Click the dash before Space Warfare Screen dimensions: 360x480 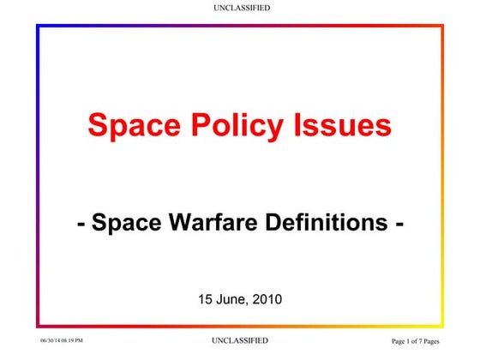coord(81,225)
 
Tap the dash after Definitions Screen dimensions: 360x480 coord(399,225)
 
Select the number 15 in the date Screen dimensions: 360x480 coord(205,299)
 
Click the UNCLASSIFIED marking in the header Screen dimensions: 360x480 coord(240,8)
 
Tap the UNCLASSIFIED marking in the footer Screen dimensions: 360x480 coord(240,340)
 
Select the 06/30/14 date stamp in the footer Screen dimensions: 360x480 coord(51,341)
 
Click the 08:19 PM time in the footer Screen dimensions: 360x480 coord(74,341)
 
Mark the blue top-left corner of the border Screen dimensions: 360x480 coord(38,26)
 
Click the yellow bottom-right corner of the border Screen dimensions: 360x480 coord(442,326)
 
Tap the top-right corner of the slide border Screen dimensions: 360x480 coord(442,26)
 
